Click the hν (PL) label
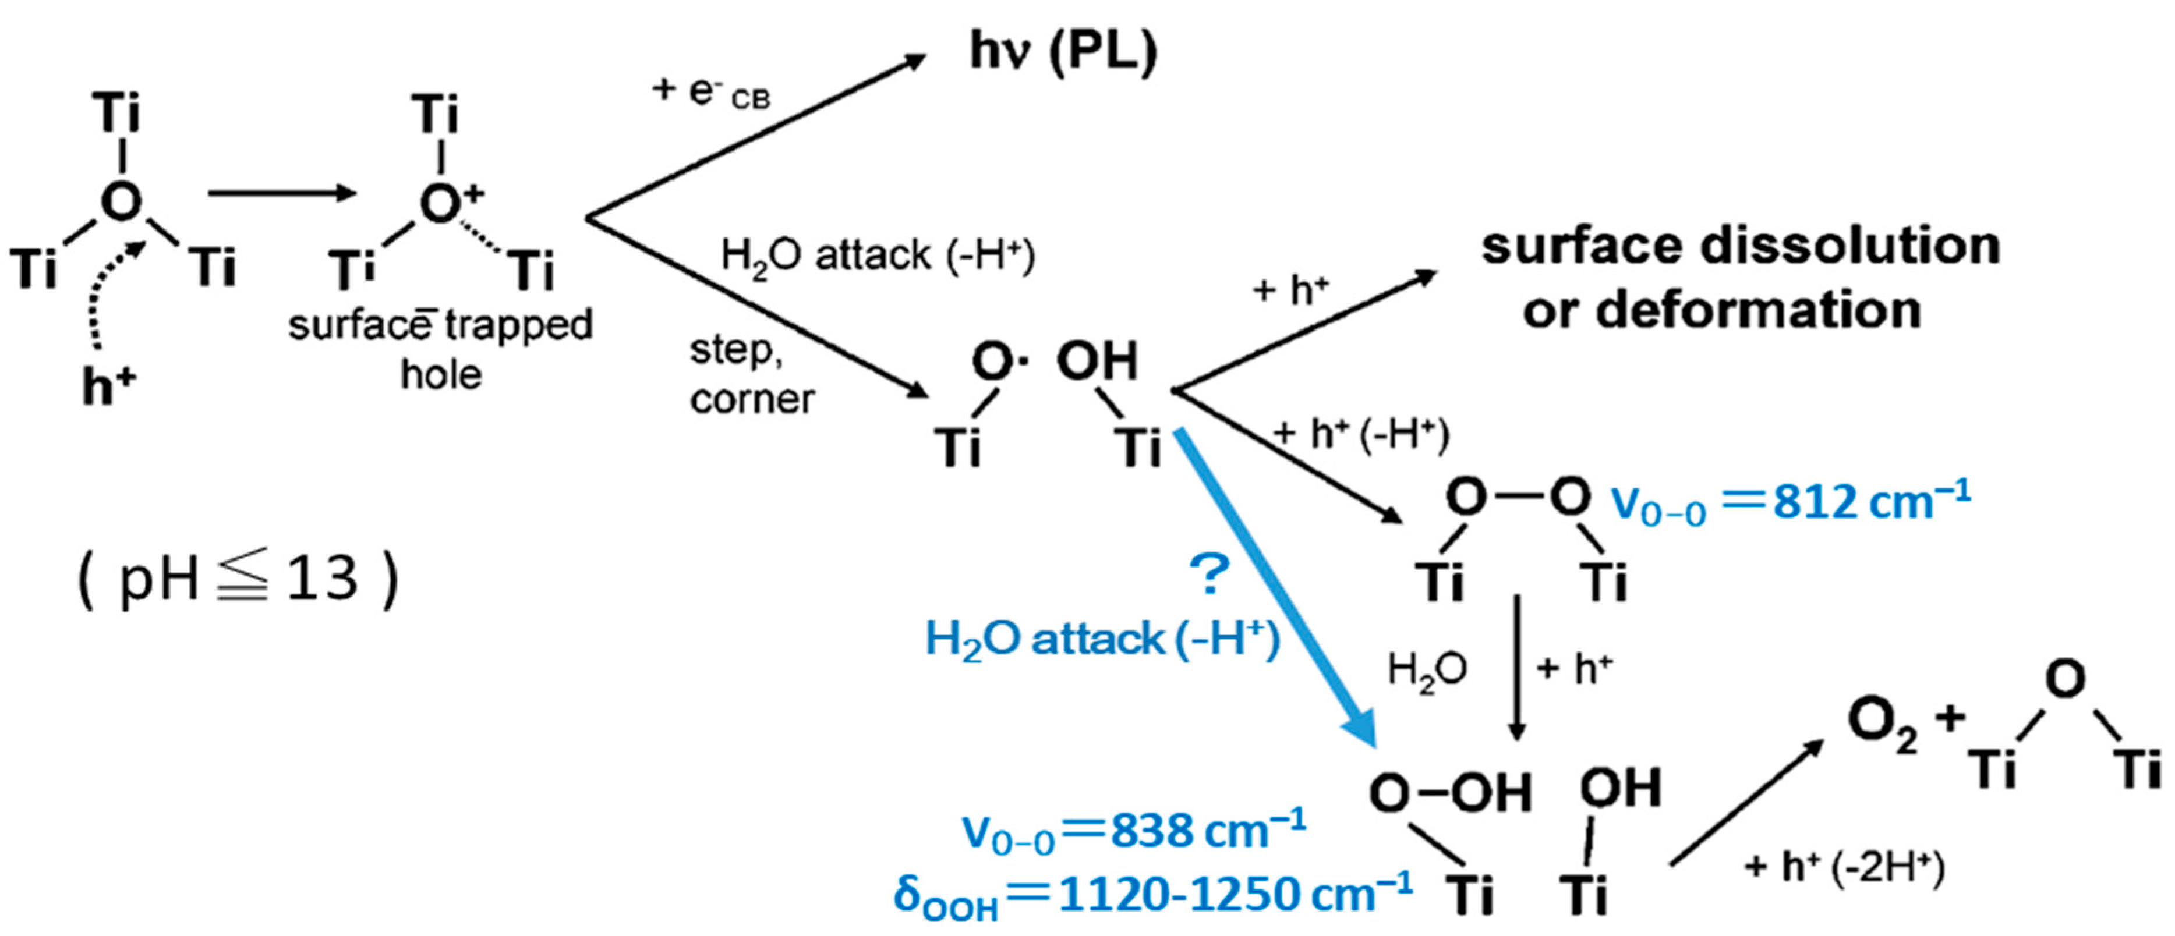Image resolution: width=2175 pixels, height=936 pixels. click(x=1063, y=52)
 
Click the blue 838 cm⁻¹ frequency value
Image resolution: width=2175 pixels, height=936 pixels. click(x=1207, y=831)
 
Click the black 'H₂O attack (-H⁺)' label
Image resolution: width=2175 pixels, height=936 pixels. click(x=877, y=255)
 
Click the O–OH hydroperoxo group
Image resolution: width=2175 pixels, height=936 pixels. click(x=1450, y=793)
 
